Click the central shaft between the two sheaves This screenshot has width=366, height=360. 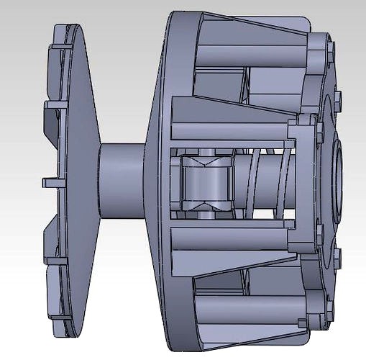click(x=122, y=180)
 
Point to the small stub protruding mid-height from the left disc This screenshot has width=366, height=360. click(x=49, y=179)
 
